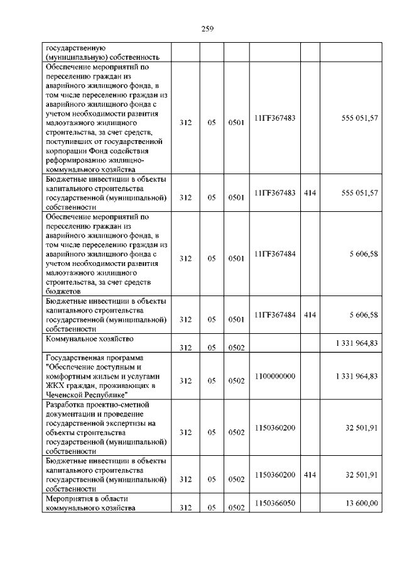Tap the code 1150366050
point(275,504)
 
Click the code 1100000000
point(275,376)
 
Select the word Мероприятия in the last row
point(70,499)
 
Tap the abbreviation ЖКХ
point(57,385)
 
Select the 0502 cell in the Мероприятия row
point(236,509)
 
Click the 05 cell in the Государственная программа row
point(212,381)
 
